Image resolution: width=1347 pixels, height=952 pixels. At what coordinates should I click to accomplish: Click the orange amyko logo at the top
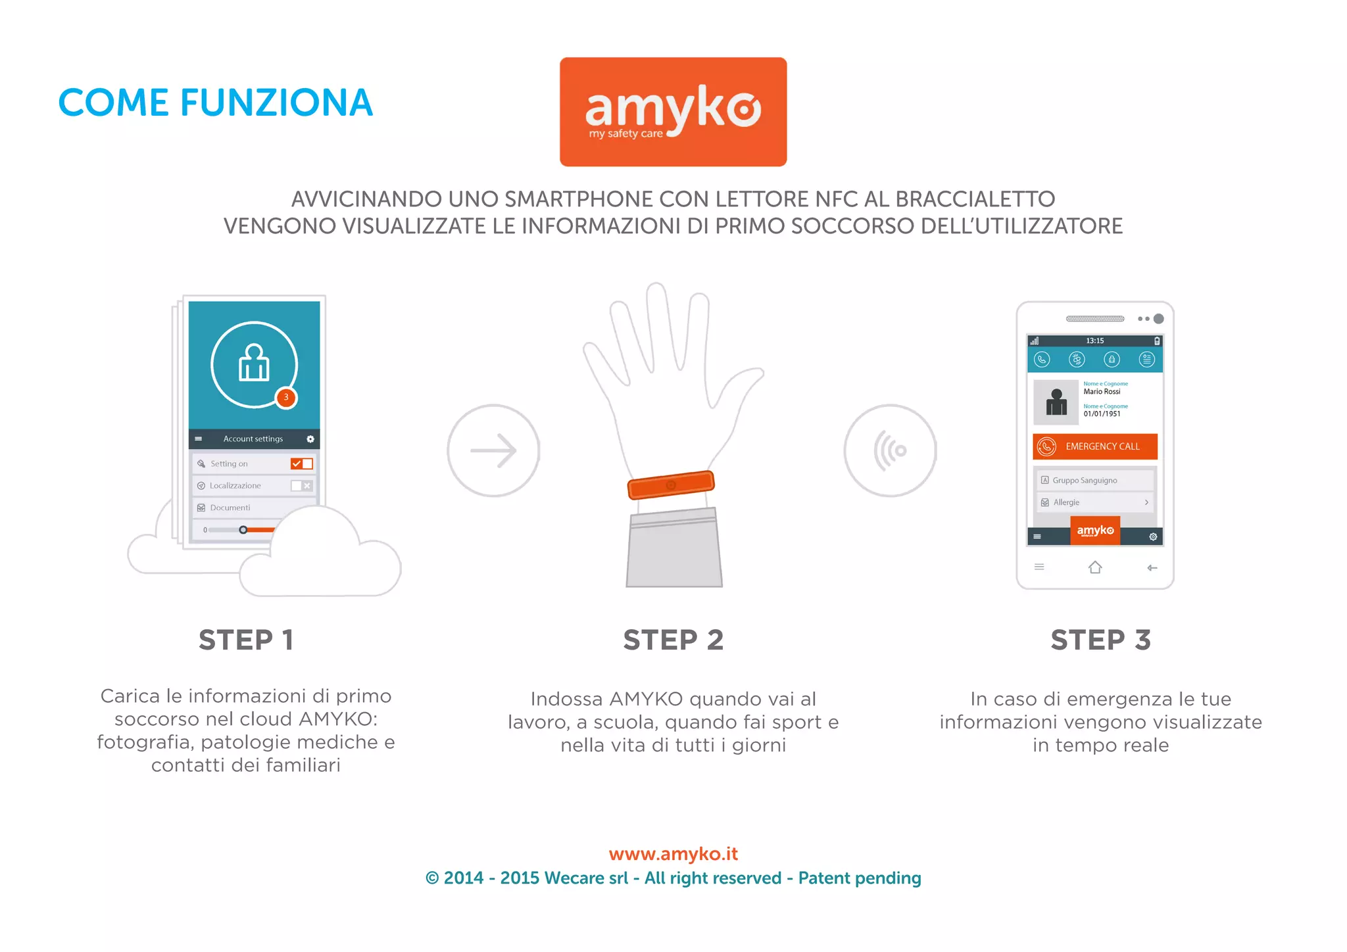[x=673, y=111]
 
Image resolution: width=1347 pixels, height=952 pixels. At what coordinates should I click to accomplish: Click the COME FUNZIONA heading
[x=216, y=103]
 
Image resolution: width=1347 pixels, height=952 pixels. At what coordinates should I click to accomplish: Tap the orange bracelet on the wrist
[x=671, y=485]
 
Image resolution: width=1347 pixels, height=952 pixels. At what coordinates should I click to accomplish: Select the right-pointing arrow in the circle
[x=493, y=450]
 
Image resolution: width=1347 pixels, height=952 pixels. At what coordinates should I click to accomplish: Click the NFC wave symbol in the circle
[x=890, y=450]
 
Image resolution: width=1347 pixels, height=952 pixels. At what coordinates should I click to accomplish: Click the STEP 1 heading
[x=246, y=640]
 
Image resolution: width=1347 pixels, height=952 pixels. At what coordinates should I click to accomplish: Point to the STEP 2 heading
[x=673, y=640]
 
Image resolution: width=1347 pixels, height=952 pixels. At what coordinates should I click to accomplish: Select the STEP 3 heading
[x=1100, y=640]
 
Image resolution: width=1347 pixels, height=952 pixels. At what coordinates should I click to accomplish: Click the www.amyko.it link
[x=673, y=853]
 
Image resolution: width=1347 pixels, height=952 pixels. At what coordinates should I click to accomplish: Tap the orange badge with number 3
[x=286, y=397]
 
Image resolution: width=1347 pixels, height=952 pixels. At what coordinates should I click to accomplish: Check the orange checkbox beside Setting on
[x=297, y=464]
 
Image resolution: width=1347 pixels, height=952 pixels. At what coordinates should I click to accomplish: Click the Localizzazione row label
[x=235, y=485]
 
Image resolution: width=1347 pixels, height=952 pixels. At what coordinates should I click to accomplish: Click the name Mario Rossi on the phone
[x=1102, y=391]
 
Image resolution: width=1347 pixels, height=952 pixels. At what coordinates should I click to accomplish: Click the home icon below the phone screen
[x=1095, y=567]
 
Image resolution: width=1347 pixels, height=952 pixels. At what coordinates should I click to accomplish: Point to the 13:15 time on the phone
[x=1095, y=341]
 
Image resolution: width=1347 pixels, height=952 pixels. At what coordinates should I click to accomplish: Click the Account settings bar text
[x=253, y=439]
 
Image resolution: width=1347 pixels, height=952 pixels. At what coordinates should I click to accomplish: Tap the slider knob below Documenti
[x=243, y=529]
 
